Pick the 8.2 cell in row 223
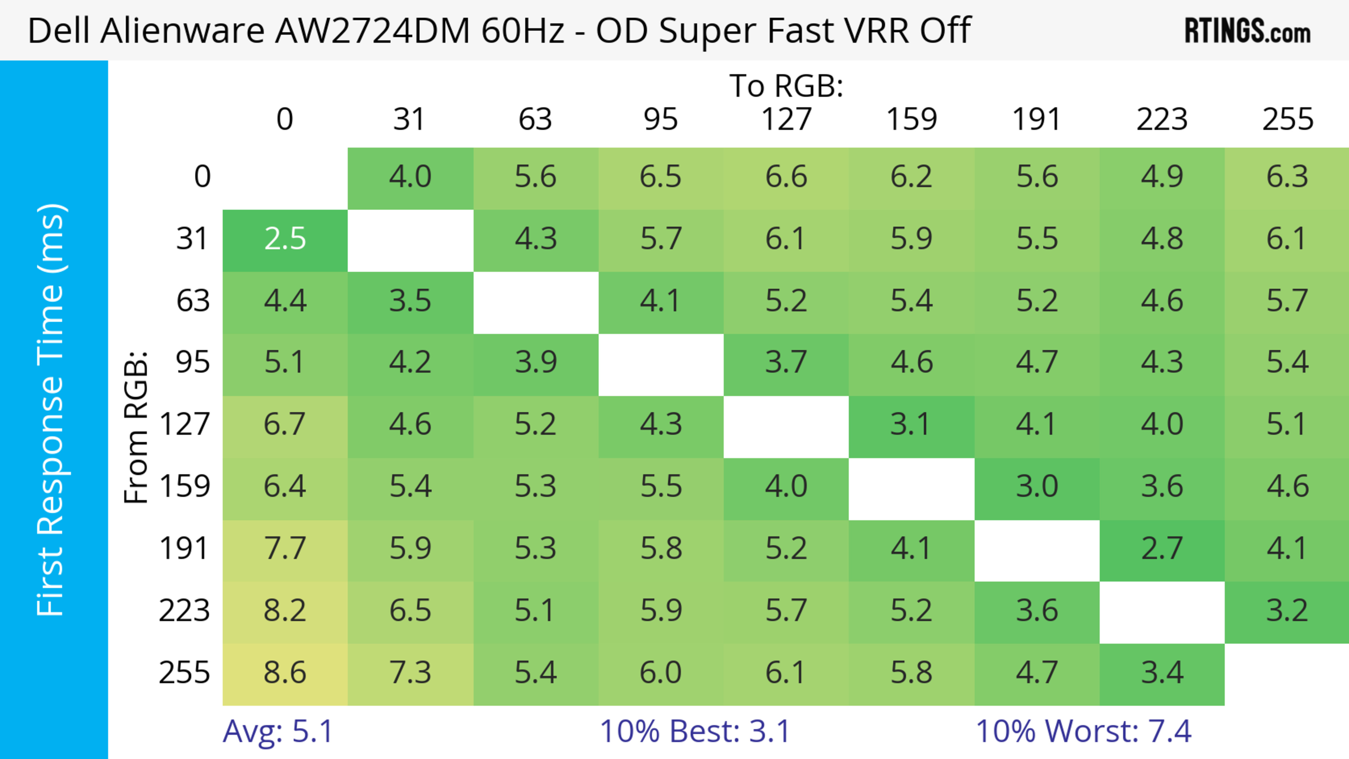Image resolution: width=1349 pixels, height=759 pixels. click(285, 611)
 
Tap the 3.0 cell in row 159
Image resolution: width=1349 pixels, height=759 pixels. click(1037, 487)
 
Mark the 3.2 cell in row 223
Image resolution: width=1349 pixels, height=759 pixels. click(1287, 611)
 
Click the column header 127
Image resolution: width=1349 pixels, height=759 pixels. click(786, 119)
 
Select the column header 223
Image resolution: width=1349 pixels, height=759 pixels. click(1162, 119)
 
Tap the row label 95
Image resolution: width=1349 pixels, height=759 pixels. click(193, 362)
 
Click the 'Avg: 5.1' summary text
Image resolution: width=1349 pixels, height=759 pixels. click(278, 731)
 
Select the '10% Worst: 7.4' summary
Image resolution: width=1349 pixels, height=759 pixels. click(1083, 731)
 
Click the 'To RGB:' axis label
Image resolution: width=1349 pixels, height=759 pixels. click(786, 86)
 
